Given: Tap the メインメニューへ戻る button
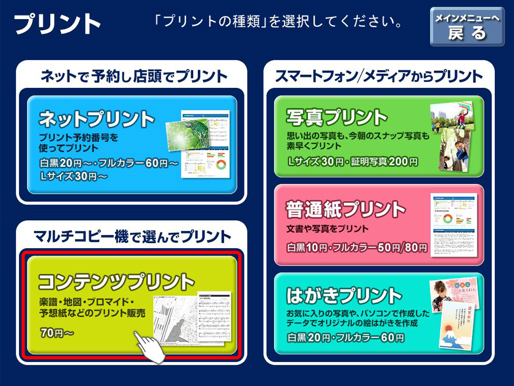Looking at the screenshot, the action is tap(467, 27).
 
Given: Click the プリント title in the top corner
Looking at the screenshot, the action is tap(57, 24).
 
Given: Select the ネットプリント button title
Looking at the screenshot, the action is tap(97, 119).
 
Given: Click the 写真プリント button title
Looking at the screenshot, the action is tap(337, 117).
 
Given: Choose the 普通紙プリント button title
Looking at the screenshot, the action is tap(346, 209).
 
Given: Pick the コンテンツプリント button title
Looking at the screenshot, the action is tap(116, 281).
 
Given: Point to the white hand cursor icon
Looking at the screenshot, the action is tap(149, 347).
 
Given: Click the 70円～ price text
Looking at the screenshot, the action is tap(57, 333).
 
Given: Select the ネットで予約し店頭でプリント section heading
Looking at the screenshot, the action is tap(134, 76).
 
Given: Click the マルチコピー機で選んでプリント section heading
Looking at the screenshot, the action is tap(132, 237).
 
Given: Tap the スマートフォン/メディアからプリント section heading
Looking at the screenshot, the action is tap(378, 76).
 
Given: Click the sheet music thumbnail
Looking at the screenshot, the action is tap(214, 318).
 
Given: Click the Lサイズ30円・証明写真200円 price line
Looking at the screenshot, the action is tap(353, 161).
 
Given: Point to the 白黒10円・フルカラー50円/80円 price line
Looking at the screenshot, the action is tap(357, 247).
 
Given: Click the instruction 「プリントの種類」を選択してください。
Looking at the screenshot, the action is tap(278, 22).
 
